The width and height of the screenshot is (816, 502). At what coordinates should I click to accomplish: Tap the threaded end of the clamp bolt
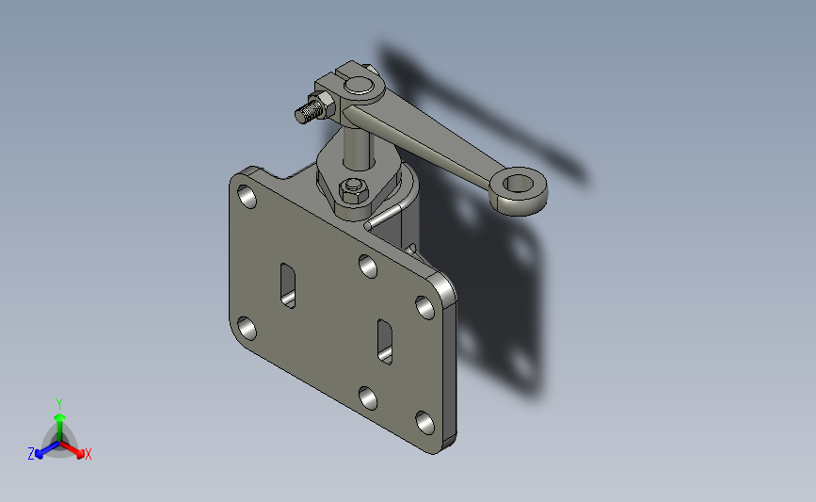(x=308, y=112)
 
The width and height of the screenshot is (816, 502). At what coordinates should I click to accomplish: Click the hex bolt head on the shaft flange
(x=354, y=189)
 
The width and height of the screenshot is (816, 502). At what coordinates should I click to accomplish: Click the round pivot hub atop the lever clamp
(x=360, y=86)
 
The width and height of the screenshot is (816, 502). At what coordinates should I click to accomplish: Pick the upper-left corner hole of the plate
(x=247, y=196)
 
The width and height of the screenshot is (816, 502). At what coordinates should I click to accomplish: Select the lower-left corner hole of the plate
(x=247, y=328)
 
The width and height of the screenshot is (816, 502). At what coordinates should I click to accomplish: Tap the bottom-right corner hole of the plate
(x=425, y=422)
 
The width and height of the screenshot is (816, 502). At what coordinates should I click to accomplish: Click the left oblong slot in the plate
(x=288, y=286)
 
